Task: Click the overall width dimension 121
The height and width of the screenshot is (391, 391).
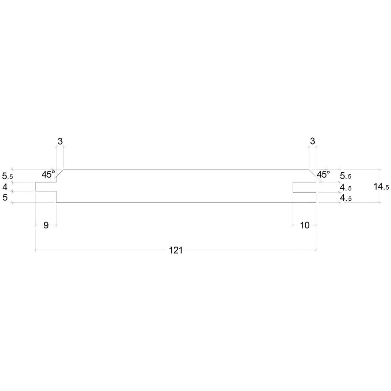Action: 176,250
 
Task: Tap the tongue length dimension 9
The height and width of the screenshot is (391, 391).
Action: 46,225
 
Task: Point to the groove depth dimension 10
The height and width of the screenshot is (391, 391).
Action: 305,225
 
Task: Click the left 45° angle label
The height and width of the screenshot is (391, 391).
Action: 48,174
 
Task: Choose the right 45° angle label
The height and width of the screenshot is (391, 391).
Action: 324,174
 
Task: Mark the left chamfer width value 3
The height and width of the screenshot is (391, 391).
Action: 60,141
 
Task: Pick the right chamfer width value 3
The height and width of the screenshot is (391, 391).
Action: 312,141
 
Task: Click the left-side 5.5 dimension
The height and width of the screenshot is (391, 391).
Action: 7,176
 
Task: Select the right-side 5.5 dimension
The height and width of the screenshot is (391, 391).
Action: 346,176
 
